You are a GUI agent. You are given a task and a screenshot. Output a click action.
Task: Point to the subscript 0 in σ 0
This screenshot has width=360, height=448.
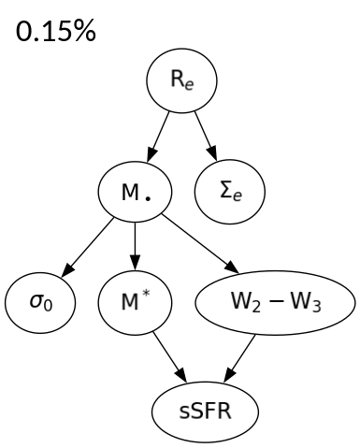pyautogui.click(x=45, y=309)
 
